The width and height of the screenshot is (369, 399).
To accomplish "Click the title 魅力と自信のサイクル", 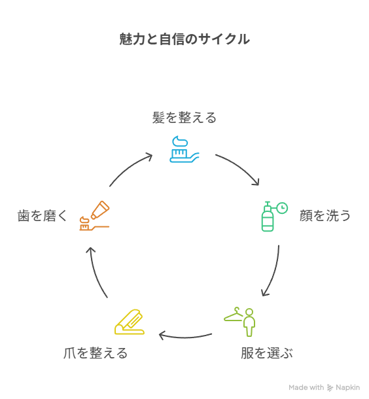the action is pos(184,39).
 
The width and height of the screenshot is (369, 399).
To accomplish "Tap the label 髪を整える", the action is pos(184,118).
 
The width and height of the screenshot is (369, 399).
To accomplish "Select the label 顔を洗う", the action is pos(325,216).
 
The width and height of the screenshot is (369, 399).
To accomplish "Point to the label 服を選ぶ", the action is pos(267,353).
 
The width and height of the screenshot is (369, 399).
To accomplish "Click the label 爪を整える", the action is pos(96,353).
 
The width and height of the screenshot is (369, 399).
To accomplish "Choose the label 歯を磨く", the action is pos(43,216).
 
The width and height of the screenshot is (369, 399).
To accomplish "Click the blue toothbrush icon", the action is pos(184,149).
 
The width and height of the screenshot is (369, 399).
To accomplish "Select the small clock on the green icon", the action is pos(282,208).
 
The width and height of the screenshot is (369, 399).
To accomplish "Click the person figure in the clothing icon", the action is pos(249,322).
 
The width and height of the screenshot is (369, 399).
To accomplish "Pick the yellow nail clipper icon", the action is pos(130,322).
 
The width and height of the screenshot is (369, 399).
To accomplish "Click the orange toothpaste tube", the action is pos(100,210).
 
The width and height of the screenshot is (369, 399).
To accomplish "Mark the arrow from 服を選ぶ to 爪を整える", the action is pos(185,337).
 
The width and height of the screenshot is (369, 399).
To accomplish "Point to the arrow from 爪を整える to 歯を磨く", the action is pos(96,271).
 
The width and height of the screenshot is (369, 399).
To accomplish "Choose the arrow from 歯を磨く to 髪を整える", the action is pos(129,168).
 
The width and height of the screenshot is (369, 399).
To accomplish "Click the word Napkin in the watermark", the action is pos(347,387).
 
